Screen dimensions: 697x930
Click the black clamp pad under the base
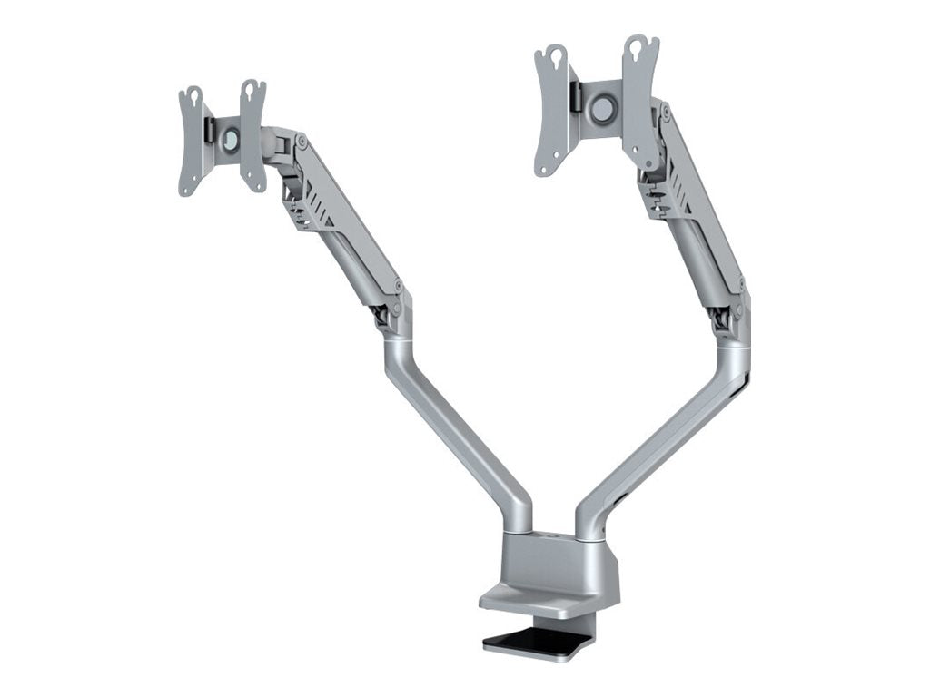pos(536,642)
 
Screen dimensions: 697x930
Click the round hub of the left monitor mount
pos(230,139)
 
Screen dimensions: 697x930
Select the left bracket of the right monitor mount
pos(551,109)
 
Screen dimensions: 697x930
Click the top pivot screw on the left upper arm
pos(301,142)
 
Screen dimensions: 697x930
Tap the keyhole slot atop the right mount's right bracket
pos(639,44)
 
